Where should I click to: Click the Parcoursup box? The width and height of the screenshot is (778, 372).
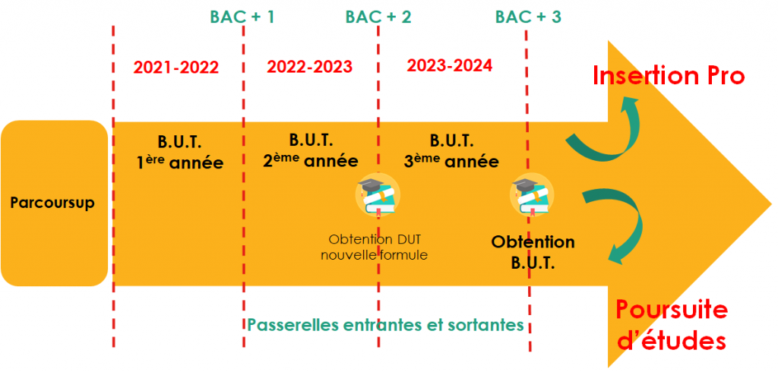coord(54,203)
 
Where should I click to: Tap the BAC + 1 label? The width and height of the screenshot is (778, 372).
coord(242,17)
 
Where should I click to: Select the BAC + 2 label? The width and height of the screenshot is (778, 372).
coord(378,17)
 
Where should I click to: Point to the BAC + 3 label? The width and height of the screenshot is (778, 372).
coord(528,17)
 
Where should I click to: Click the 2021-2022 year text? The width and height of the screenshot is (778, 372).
coord(176,68)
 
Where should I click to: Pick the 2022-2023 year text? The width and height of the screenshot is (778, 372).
coord(310,67)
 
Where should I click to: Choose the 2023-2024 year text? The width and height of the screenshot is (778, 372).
coord(450,65)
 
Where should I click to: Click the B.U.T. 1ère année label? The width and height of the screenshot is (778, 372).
coord(180,153)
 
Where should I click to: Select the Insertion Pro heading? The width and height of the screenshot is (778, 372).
coord(669,76)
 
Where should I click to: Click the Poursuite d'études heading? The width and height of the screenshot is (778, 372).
coord(672,326)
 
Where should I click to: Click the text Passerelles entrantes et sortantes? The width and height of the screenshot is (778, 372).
coord(385,326)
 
